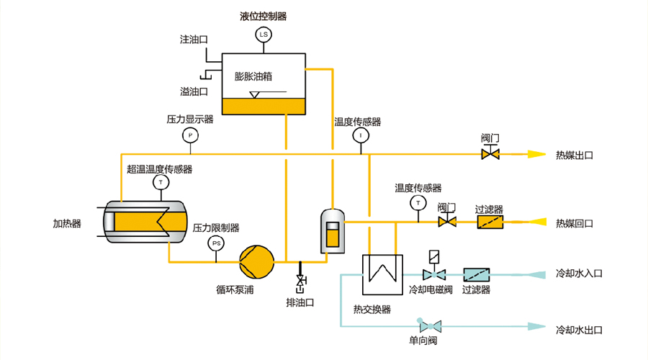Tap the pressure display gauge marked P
click(190, 135)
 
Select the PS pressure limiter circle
click(216, 243)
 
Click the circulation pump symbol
click(257, 261)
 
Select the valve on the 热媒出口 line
click(491, 153)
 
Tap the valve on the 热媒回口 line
click(447, 222)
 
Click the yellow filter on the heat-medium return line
click(490, 222)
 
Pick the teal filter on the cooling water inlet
click(476, 274)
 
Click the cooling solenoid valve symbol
click(434, 274)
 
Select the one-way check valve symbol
click(429, 325)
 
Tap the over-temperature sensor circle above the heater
click(159, 183)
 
